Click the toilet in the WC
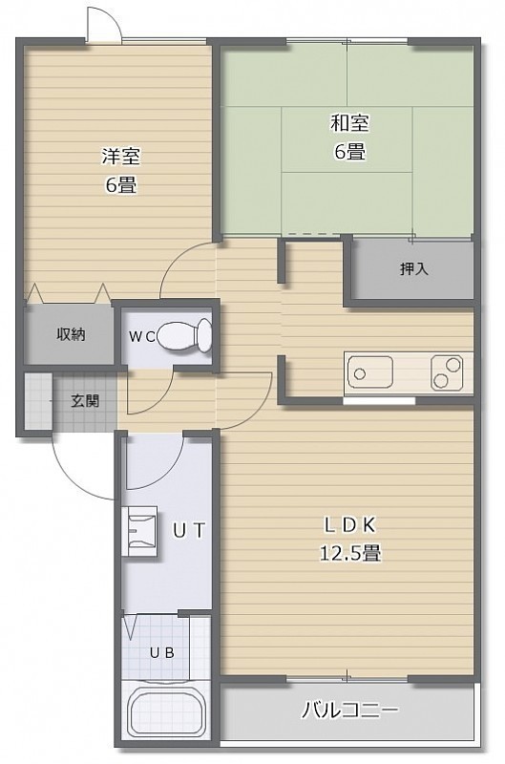coord(184,336)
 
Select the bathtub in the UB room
coord(166,711)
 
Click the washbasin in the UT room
coord(142,531)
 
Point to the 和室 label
coord(349,123)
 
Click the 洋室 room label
coord(121,156)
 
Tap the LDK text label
coord(350,525)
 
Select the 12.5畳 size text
coord(350,554)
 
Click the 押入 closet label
coord(414,268)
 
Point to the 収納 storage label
coord(71,334)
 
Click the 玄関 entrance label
coord(85,401)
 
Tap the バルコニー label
coord(349,710)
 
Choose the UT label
coord(190,531)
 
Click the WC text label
coord(142,336)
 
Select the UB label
coord(162,653)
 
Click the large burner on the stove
coord(453,364)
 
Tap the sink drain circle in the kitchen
coord(360,373)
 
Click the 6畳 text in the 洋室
coord(121,185)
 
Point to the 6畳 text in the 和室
coord(349,152)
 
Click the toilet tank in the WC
coord(204,336)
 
